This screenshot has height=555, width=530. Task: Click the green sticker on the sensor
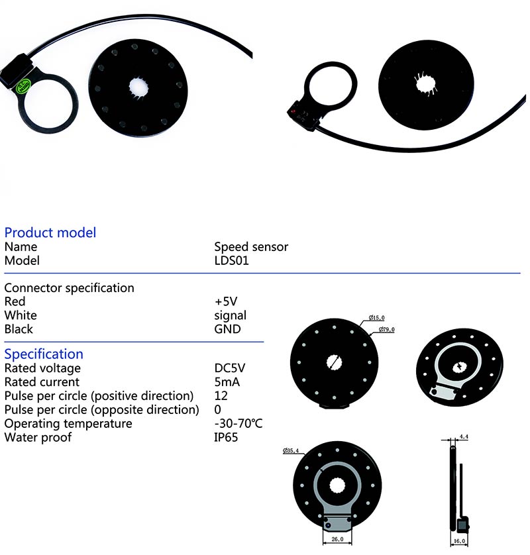tap(24, 85)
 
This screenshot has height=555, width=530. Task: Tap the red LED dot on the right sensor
tap(293, 111)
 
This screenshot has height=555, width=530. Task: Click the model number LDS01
tap(231, 260)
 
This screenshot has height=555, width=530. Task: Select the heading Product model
tap(50, 232)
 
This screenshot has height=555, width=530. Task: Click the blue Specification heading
tap(44, 354)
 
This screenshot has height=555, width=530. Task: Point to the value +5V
tap(226, 301)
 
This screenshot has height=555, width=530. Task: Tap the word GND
tap(228, 329)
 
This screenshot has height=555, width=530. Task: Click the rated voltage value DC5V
tap(230, 368)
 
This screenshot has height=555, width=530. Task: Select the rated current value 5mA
tap(227, 382)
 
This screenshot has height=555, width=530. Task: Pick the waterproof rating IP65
tap(226, 437)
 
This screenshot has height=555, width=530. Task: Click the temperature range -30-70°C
tap(238, 423)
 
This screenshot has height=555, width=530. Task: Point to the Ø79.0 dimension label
tap(387, 330)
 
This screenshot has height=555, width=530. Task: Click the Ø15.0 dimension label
tap(377, 318)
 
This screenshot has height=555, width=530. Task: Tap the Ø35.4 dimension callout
tap(291, 450)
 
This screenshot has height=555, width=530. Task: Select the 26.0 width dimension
tap(337, 539)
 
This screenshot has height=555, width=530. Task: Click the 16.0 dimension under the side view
tap(459, 541)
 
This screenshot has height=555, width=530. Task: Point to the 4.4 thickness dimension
tap(464, 436)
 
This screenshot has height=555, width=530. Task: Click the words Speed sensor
tap(251, 247)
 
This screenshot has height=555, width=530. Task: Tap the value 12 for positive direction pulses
tap(221, 396)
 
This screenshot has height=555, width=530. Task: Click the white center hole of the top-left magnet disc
tap(138, 87)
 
